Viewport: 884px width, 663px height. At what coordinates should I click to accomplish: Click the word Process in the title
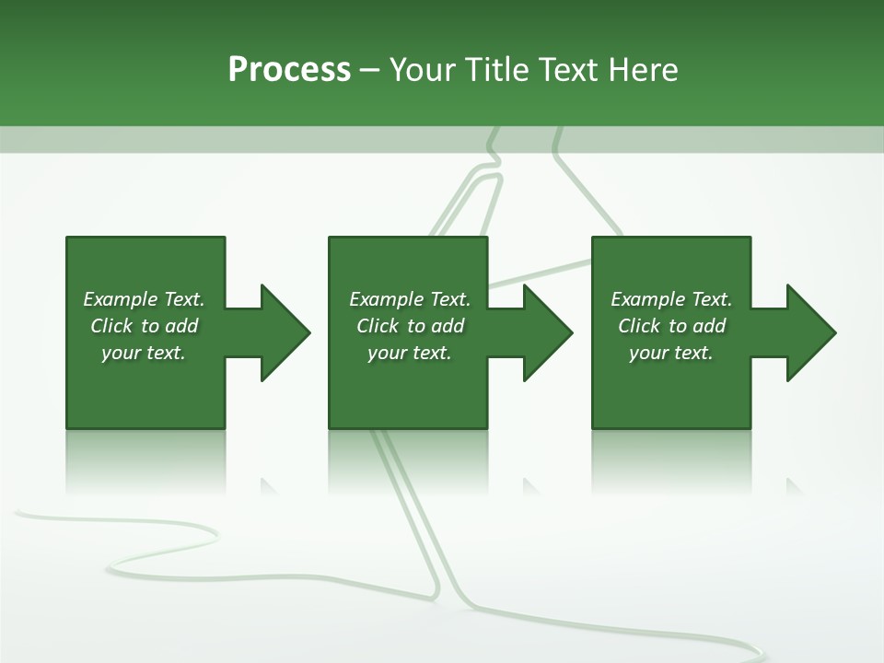[x=289, y=70]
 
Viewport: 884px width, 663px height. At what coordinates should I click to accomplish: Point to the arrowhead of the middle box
[x=547, y=332]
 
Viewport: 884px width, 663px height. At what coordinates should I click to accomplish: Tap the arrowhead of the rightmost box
[x=810, y=332]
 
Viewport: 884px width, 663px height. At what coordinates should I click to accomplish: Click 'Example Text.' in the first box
[x=144, y=299]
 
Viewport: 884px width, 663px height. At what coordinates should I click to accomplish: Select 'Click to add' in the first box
[x=144, y=326]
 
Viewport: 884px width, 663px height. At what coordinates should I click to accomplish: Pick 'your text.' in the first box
[x=144, y=353]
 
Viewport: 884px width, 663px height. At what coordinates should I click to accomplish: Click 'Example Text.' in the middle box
[x=410, y=299]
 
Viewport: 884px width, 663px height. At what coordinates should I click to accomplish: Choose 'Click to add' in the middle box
[x=410, y=326]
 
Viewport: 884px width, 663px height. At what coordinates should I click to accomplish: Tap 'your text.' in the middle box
[x=410, y=353]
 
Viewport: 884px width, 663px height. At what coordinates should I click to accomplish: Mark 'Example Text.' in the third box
[x=671, y=299]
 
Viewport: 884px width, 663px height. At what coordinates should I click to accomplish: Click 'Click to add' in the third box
[x=671, y=326]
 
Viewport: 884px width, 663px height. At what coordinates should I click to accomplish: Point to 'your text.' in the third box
[x=671, y=353]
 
